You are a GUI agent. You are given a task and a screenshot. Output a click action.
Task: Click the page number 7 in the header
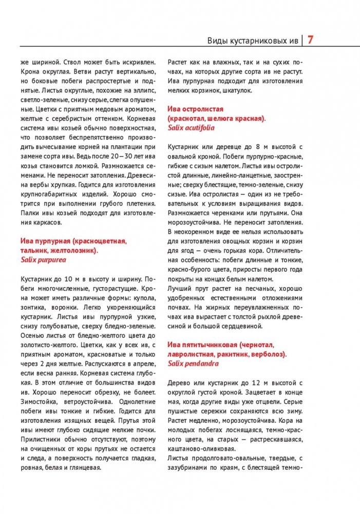311,40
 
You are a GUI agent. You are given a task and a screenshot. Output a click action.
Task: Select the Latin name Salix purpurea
44,259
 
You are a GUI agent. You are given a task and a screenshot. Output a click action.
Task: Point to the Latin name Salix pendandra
193,364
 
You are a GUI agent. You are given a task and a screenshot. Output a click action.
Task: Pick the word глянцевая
86,468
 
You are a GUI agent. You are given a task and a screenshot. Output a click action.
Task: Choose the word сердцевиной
244,326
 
